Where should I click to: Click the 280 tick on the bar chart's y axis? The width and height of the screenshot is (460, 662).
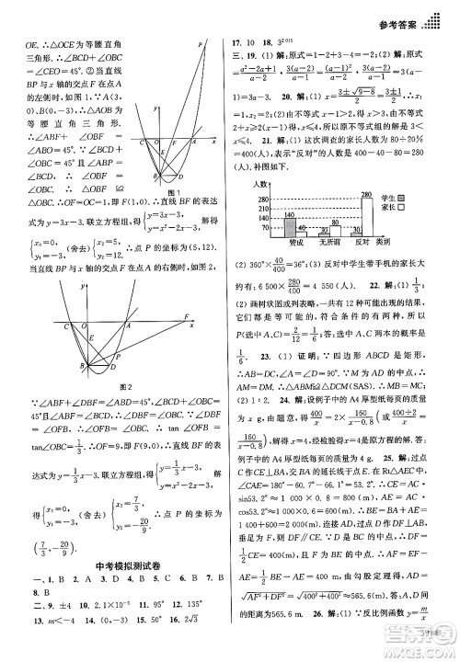[x=262, y=197]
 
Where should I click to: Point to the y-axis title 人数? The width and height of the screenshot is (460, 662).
[x=260, y=186]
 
